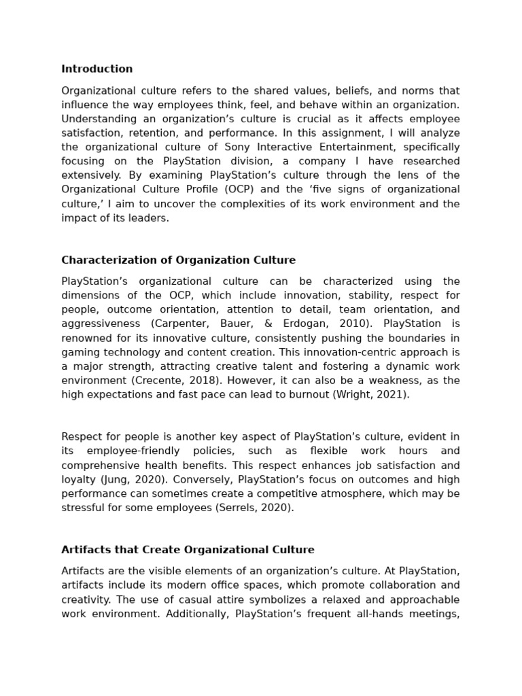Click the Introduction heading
click(x=97, y=69)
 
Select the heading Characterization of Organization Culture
click(x=178, y=260)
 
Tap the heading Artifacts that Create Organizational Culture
click(x=188, y=549)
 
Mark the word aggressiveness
click(x=101, y=324)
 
